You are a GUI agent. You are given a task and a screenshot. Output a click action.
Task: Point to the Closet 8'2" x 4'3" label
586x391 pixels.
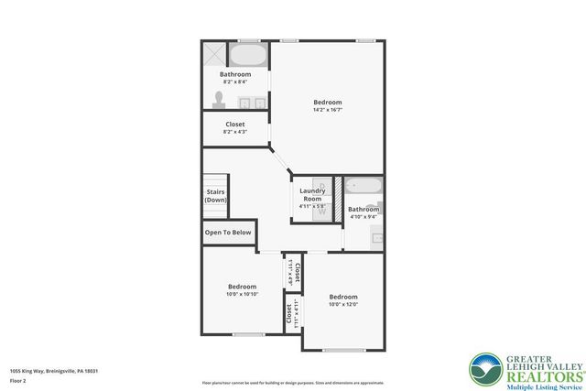click(x=234, y=127)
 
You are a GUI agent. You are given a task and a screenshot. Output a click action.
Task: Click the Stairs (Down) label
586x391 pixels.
click(x=215, y=196)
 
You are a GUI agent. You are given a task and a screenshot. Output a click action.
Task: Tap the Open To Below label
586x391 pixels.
click(x=228, y=233)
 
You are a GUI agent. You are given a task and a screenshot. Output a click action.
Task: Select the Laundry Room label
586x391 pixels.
click(x=312, y=195)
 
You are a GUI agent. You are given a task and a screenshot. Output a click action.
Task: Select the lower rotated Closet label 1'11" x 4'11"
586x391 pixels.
click(x=288, y=314)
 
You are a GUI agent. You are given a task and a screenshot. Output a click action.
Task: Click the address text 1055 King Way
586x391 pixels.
click(x=53, y=371)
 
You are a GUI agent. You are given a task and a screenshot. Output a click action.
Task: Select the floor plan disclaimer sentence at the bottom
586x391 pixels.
click(x=292, y=382)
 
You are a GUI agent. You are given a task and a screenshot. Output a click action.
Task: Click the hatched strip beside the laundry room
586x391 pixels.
click(x=338, y=194)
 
